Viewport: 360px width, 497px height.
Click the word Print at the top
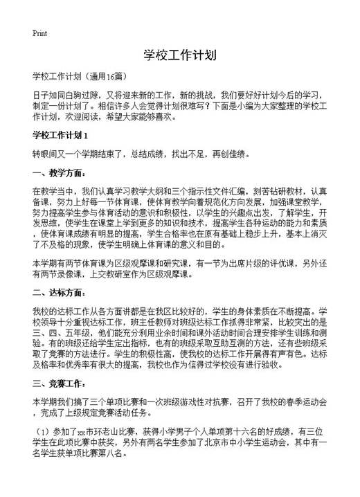point(39,33)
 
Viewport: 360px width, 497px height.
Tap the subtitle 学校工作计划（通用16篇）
point(80,75)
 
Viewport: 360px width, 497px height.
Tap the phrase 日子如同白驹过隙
point(66,93)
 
